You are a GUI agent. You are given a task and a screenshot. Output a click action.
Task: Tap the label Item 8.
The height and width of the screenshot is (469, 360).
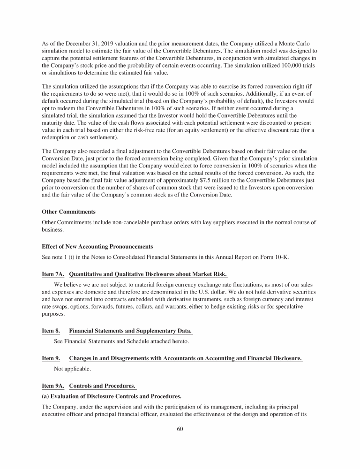point(51,332)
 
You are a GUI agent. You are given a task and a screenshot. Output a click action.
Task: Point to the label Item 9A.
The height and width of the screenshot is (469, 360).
point(52,386)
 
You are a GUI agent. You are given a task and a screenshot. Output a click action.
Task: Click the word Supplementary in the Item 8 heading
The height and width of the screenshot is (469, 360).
point(142,332)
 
